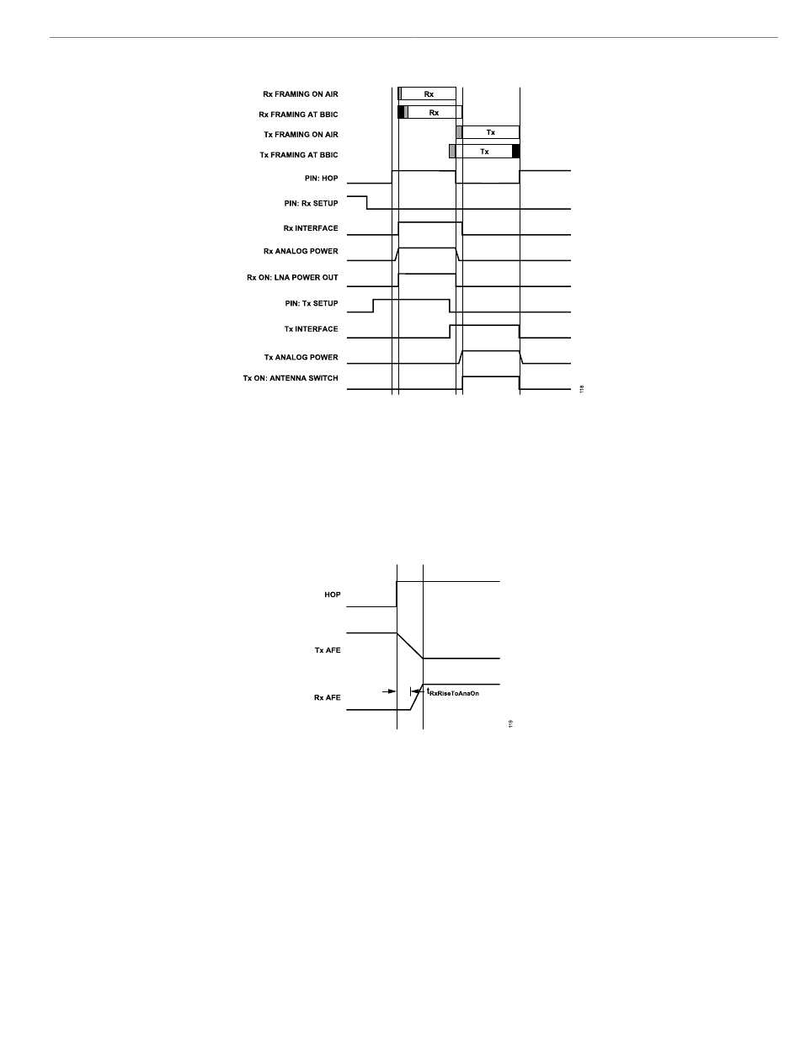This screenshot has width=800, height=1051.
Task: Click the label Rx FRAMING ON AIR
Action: pyautogui.click(x=301, y=94)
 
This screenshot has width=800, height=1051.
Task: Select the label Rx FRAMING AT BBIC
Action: pyautogui.click(x=298, y=115)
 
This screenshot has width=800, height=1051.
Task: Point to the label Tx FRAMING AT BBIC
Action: pyautogui.click(x=298, y=155)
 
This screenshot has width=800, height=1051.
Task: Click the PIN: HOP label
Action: pyautogui.click(x=321, y=179)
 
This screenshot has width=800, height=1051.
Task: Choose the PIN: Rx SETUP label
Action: pyautogui.click(x=311, y=204)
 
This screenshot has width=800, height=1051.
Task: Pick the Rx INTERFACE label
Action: pyautogui.click(x=311, y=228)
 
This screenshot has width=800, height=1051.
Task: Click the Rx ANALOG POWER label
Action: pyautogui.click(x=301, y=251)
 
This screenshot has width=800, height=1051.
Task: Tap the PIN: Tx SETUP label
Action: pyautogui.click(x=311, y=303)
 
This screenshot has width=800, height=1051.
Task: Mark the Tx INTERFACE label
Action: pyautogui.click(x=311, y=329)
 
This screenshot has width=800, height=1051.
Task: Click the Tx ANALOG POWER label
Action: pyautogui.click(x=301, y=358)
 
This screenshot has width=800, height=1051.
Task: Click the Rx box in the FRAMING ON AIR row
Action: pyautogui.click(x=429, y=93)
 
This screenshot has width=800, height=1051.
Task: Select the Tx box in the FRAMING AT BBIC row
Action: pyautogui.click(x=483, y=152)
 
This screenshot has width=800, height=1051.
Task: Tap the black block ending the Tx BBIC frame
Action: pyautogui.click(x=516, y=152)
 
